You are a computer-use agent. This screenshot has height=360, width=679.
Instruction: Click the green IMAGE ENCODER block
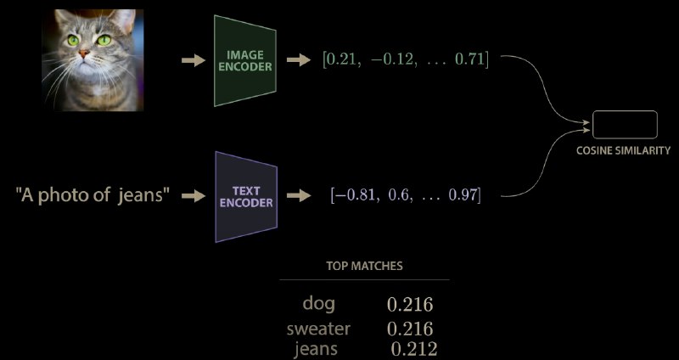pos(245,60)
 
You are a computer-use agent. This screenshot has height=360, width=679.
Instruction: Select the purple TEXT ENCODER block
pos(246,197)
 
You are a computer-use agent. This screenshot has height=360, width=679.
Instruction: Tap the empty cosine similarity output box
pos(625,125)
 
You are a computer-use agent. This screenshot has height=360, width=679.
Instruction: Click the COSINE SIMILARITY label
pos(623,151)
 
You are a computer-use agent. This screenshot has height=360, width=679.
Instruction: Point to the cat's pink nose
pos(83,53)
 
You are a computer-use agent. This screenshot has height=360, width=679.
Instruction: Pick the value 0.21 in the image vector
pos(342,59)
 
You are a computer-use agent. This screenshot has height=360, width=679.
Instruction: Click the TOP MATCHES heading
pos(365,266)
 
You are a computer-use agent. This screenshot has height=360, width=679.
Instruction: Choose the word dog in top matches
pos(319,304)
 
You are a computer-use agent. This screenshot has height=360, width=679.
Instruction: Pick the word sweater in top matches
pos(318,329)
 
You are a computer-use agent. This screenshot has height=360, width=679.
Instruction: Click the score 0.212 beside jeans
pos(414,349)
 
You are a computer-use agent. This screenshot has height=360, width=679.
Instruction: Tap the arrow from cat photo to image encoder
pos(194,60)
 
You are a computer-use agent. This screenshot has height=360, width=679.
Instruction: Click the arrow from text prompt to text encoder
pos(194,196)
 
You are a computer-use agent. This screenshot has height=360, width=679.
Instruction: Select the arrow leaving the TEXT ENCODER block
pos(299,195)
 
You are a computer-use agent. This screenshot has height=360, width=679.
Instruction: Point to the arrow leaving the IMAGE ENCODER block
pos(299,60)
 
